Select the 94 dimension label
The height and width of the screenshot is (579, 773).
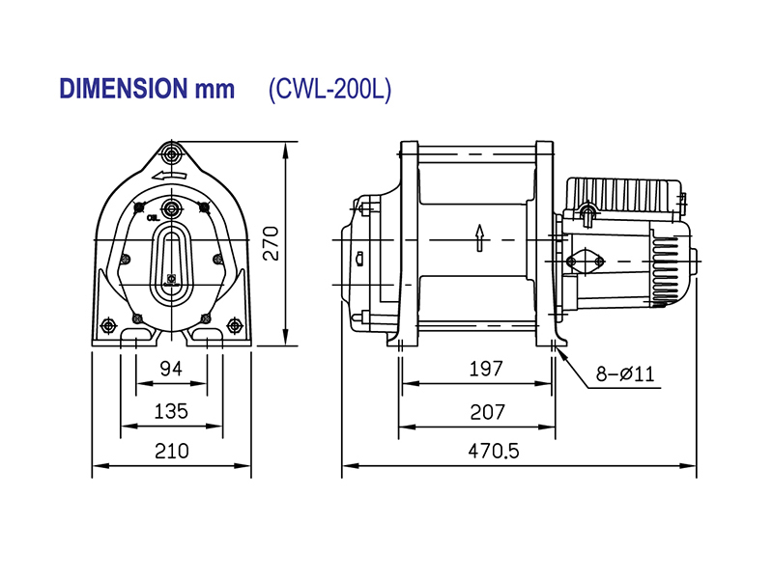(x=171, y=369)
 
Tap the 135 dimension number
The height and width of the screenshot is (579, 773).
(x=171, y=411)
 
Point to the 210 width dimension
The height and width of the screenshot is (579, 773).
(x=171, y=451)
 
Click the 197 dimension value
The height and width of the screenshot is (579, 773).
(x=485, y=369)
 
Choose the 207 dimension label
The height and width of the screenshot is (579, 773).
(x=485, y=411)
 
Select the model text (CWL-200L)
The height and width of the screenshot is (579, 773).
(x=329, y=89)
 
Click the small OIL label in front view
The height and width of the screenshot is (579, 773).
(x=153, y=219)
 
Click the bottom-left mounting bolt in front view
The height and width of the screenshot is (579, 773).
(x=136, y=318)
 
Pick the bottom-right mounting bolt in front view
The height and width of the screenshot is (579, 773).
(x=206, y=318)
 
